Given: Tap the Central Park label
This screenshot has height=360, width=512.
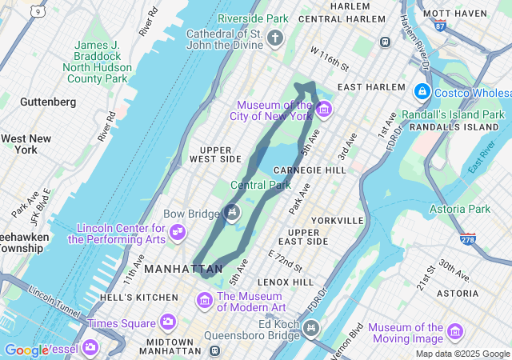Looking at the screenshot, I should tap(260, 186).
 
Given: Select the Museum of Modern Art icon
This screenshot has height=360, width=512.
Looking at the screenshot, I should tap(205, 301).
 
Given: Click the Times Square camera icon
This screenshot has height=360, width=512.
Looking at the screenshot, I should tap(167, 322).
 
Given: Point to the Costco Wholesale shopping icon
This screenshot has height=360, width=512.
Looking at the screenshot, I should tap(423, 92).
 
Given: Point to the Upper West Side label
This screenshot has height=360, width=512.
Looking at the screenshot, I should tap(216, 154).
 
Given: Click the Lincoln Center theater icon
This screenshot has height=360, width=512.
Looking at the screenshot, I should tap(177, 232).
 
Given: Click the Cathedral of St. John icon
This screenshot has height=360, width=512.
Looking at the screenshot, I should tap(276, 38).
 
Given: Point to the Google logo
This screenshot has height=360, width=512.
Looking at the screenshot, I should tap(26, 350).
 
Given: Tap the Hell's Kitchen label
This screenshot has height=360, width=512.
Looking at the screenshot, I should tap(131, 298).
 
